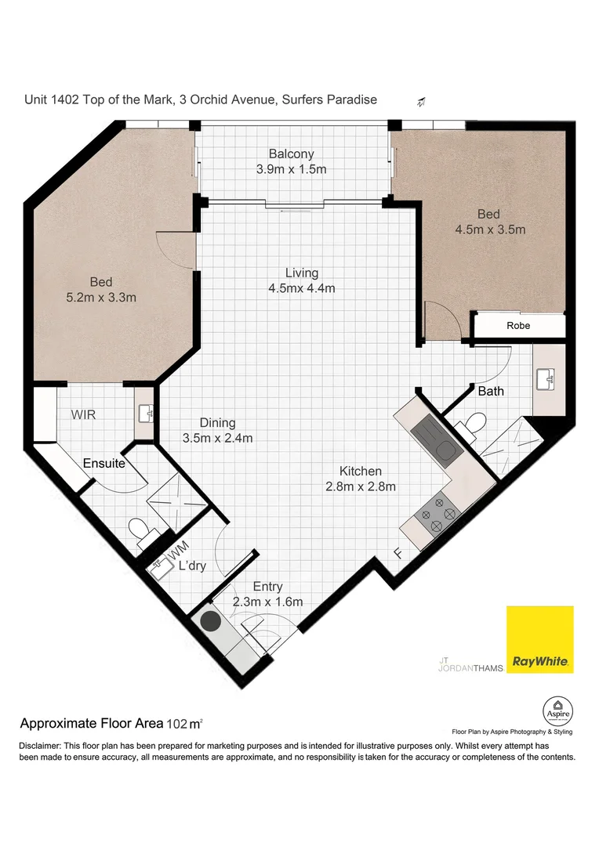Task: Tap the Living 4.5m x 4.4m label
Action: tap(301, 280)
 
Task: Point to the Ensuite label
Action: tap(104, 463)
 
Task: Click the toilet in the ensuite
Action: tap(140, 531)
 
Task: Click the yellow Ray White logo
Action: tap(539, 639)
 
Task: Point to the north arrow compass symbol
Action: tap(422, 101)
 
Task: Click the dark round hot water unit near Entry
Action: tap(210, 623)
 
